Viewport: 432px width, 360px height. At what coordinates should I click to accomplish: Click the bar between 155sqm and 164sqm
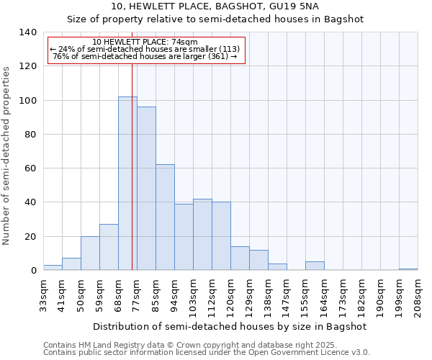[315, 266]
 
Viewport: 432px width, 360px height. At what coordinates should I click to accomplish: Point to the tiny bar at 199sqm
[408, 269]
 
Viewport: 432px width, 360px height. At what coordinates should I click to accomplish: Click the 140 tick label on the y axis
[27, 32]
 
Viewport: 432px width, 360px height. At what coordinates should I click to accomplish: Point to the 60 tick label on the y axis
[30, 168]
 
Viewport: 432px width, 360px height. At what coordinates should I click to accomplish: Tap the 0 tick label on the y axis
[33, 271]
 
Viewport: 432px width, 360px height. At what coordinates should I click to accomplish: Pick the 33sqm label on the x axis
[43, 295]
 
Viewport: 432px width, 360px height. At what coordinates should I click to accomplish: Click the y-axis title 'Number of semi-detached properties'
[6, 155]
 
